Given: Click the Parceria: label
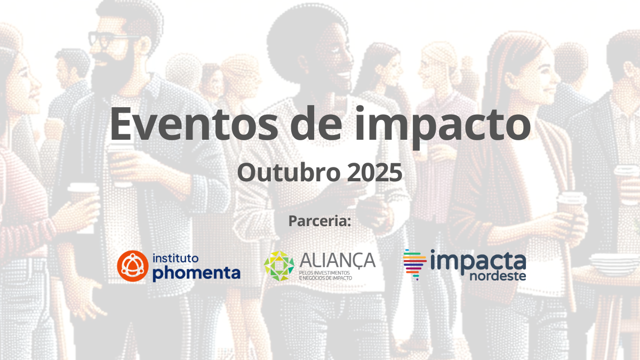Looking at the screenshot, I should [319, 221].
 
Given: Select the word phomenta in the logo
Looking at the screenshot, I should [196, 273].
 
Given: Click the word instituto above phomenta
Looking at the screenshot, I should [175, 258].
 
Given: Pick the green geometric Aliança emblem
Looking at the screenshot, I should [279, 266].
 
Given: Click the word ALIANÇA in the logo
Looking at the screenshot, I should [338, 260].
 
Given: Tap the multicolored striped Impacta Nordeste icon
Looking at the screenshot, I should [414, 264].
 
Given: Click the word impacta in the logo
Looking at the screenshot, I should [478, 261].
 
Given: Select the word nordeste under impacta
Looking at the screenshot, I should [497, 276].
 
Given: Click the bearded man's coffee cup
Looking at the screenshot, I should [121, 160].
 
